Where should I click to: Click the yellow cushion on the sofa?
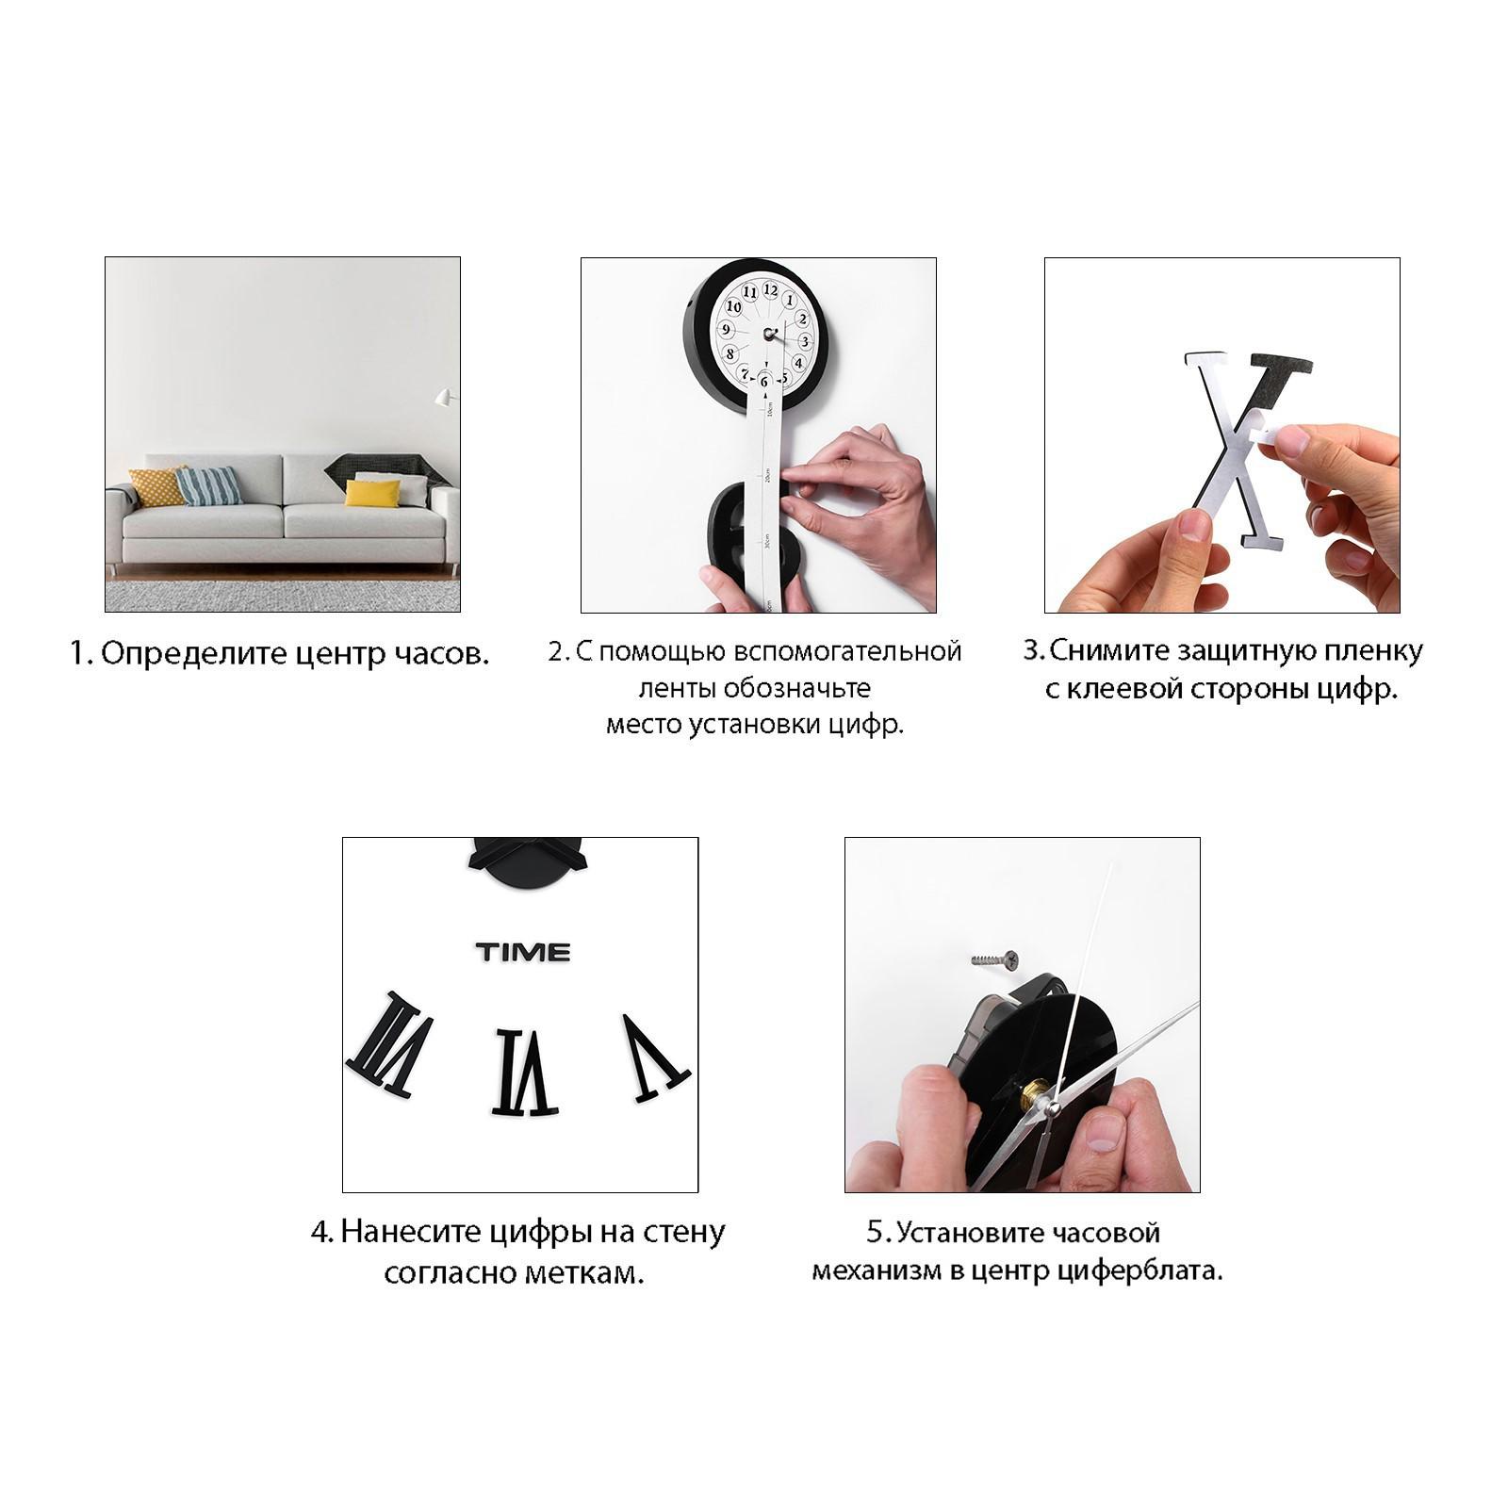pos(371,493)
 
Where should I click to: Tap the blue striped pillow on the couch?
pos(209,485)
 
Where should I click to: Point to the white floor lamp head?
pos(444,398)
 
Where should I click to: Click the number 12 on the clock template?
pos(770,290)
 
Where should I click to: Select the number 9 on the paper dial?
pos(726,330)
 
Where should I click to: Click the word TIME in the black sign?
pos(523,952)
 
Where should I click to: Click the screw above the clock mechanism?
pos(995,959)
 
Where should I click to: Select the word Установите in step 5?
pos(1028,1233)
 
